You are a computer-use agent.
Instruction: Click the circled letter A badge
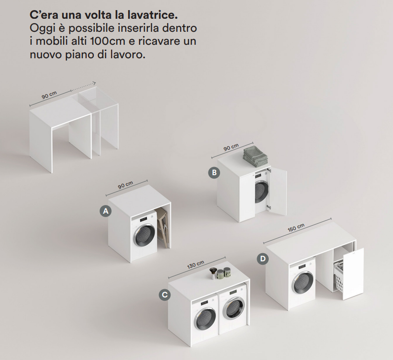tap(106, 211)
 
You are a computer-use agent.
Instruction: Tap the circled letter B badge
tap(214, 173)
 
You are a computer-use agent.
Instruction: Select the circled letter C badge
tap(165, 295)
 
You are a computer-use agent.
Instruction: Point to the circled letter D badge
tap(262, 258)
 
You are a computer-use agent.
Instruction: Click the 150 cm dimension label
tap(296, 227)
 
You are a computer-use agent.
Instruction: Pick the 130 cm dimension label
tap(196, 265)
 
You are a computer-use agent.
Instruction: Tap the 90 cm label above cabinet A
tap(126, 185)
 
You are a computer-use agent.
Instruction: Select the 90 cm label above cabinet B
tap(231, 147)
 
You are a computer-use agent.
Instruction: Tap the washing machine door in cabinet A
tap(144, 235)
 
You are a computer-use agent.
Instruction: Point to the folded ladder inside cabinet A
tap(163, 228)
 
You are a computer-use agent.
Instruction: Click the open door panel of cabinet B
tap(277, 192)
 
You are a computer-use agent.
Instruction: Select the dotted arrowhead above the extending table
tap(94, 83)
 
